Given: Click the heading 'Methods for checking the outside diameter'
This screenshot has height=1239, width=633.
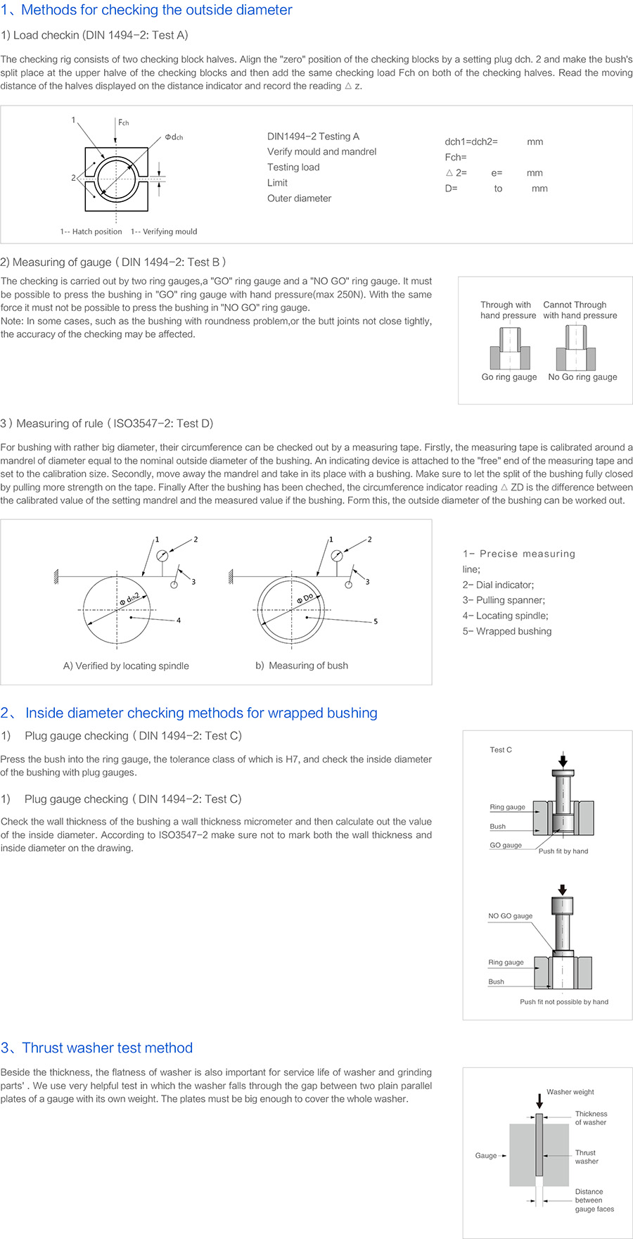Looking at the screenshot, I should pos(156,11).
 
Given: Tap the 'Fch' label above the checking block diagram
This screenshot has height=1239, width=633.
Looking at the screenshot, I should pos(124,122).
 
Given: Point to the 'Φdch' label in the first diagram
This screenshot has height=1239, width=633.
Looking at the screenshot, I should pos(174,137).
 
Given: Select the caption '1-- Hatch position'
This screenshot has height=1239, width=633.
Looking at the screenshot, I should pos(91,231).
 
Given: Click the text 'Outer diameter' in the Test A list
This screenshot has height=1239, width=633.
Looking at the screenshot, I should pos(299,198).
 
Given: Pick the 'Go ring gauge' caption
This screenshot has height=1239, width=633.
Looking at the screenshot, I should pos(509,377).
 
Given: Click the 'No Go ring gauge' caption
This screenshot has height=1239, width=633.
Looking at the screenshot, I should pos(582,377).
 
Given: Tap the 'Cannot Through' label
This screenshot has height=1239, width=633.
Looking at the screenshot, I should pos(575,305).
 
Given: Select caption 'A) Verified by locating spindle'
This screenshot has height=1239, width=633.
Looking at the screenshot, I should pos(126,666).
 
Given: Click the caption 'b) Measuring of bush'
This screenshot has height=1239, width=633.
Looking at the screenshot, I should pos(302,666).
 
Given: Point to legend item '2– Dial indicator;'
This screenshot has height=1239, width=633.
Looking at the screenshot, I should pos(498,585).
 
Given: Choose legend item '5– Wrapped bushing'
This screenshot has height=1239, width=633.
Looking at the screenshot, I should pos(507,631).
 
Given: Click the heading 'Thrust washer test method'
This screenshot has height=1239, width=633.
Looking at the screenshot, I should pos(107,1048).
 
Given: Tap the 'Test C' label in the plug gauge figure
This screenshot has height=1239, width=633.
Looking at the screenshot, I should pos(501,750).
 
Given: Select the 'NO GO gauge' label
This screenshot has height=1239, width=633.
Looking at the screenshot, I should pos(510,916).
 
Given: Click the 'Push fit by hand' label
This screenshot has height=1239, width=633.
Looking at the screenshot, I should pos(563,851).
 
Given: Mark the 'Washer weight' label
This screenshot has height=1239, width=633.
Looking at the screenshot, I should pos(570,1092).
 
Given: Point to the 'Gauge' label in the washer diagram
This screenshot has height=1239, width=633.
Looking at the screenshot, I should pos(486,1155).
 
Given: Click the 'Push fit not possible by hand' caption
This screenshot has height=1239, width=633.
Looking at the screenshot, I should pos(564,1002).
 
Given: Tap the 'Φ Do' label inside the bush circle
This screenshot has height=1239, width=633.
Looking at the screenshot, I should pos(305,598).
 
